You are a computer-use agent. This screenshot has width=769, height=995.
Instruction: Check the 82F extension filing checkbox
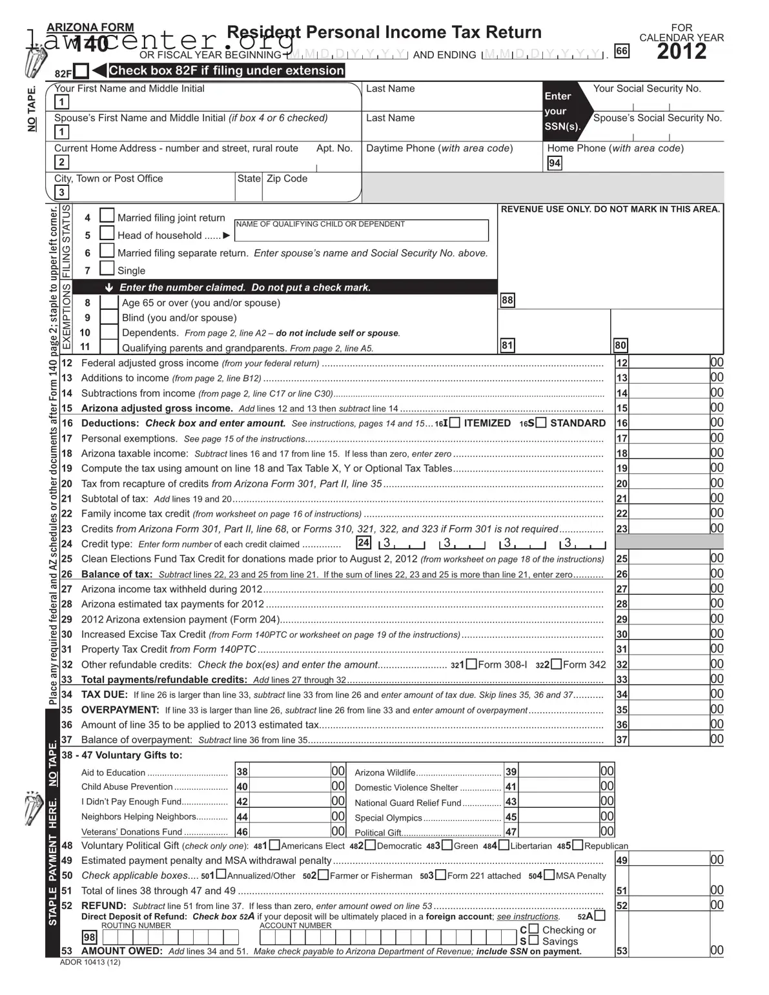point(81,71)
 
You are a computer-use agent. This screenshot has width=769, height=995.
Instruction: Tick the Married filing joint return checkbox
point(107,216)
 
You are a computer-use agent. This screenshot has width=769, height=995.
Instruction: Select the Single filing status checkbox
point(107,269)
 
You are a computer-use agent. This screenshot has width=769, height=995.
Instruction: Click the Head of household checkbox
point(107,233)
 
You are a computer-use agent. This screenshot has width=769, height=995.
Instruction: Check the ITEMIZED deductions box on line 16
point(455,423)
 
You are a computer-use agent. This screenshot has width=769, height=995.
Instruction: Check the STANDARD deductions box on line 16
point(540,423)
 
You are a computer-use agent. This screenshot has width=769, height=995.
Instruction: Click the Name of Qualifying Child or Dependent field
point(361,231)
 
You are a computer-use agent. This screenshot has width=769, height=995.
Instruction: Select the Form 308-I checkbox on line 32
point(471,664)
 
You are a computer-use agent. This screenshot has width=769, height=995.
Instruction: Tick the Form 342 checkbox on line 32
point(556,664)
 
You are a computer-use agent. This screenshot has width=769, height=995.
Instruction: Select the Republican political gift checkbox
point(577,845)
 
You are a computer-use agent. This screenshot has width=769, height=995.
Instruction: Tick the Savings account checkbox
point(533,941)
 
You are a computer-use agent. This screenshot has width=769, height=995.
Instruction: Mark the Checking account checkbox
point(533,929)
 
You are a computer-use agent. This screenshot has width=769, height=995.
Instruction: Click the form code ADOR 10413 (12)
point(90,962)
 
